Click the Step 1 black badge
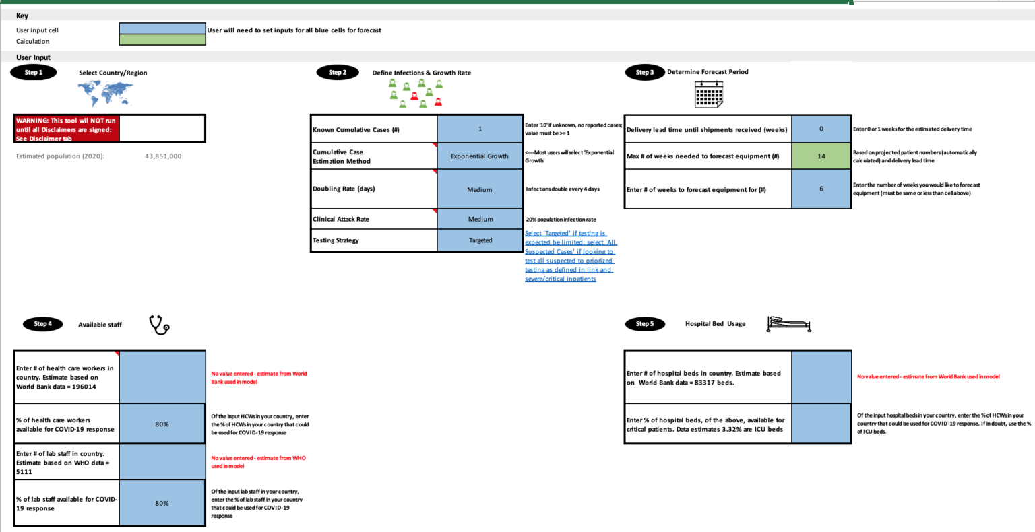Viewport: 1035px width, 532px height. click(x=34, y=73)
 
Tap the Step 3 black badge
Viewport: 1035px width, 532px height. click(x=645, y=72)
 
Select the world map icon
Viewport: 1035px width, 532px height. click(x=106, y=93)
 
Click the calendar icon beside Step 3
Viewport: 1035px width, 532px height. click(x=708, y=94)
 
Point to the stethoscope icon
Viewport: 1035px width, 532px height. click(x=159, y=325)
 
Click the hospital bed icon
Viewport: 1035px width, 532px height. click(x=789, y=324)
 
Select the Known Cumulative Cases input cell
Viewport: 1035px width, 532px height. click(x=480, y=129)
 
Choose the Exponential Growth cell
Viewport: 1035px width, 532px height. click(x=480, y=156)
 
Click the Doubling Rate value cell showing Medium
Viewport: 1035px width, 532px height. click(x=480, y=189)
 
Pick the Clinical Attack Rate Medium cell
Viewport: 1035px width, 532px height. click(x=480, y=219)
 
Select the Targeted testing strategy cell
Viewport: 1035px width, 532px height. click(x=480, y=240)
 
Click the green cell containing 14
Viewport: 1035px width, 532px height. click(x=821, y=156)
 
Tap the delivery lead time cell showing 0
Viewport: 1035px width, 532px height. click(x=821, y=129)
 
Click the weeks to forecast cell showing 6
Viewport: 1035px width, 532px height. click(x=821, y=189)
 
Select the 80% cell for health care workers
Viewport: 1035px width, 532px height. click(x=162, y=424)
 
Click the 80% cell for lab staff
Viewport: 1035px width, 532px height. click(x=162, y=503)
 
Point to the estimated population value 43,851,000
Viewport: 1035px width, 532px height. click(x=163, y=156)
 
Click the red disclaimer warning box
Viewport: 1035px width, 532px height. click(x=66, y=129)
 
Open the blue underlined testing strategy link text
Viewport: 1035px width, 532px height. click(x=569, y=256)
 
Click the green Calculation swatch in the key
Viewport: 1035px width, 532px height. click(x=162, y=40)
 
